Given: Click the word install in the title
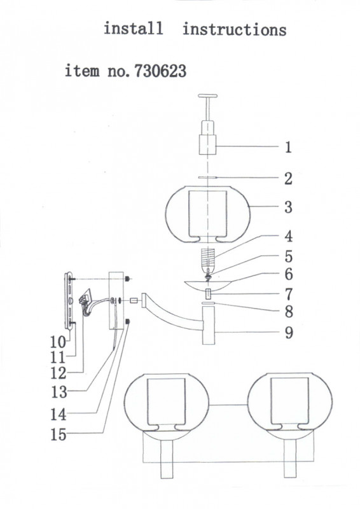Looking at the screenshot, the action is point(134,28).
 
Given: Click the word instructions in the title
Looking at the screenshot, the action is point(234,29).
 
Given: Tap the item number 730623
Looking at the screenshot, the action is point(160,71).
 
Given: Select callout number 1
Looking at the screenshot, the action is point(288,147).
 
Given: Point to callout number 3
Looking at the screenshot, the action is point(288,207).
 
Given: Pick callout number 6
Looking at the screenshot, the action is point(289,274).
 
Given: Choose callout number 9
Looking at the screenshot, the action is point(289,332).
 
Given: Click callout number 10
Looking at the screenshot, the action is point(58,342).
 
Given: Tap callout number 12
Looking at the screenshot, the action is point(59,373).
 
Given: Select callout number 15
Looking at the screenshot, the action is point(59,435).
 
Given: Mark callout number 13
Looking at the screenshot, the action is point(59,392).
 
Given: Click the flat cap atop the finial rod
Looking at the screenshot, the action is point(208,96).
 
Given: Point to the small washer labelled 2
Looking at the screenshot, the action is point(207,178).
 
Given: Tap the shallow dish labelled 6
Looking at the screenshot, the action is point(208,285).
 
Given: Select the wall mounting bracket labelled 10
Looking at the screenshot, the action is point(69,301).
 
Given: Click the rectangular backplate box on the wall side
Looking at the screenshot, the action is point(116,300).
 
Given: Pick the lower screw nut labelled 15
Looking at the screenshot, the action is point(128,321).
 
